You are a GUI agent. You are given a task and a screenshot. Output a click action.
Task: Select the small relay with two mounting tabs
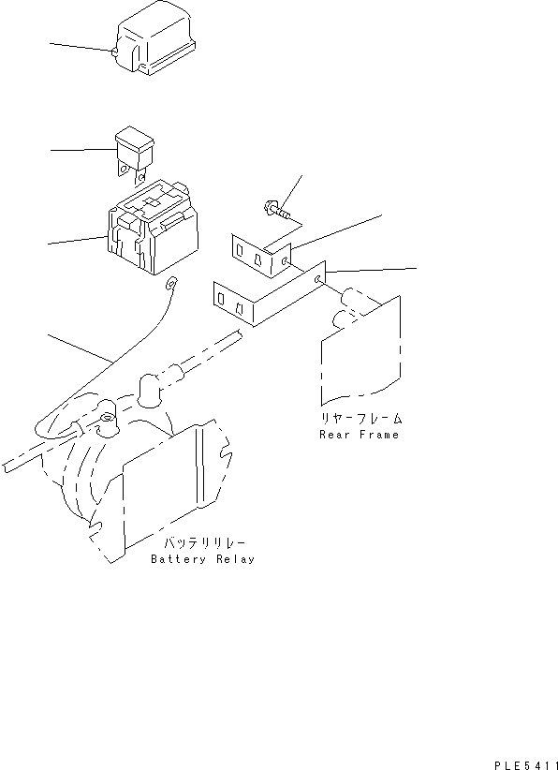[132, 152]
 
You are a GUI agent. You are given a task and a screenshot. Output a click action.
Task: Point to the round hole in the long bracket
[321, 279]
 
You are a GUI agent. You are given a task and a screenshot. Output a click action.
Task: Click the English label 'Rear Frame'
[359, 435]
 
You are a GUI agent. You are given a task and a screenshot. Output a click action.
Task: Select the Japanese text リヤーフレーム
[359, 419]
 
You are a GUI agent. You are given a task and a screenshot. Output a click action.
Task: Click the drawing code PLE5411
[527, 764]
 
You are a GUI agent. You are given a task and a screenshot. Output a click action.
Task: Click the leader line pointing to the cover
[80, 46]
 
